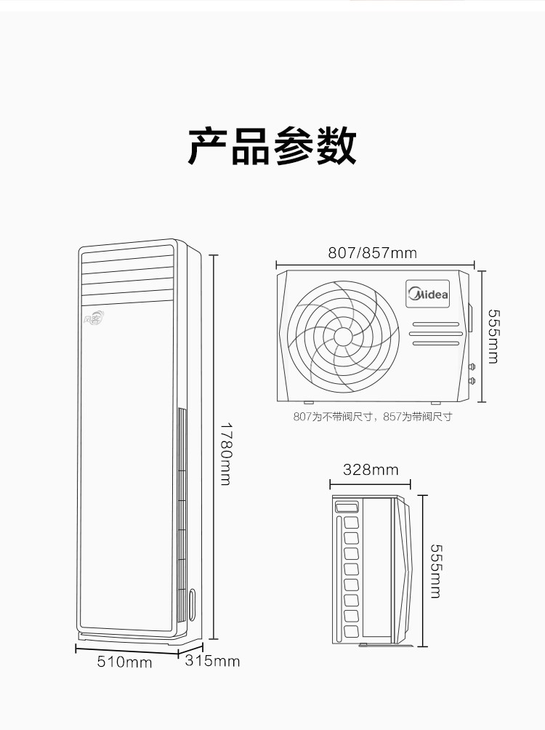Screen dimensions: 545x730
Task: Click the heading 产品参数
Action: (x=272, y=146)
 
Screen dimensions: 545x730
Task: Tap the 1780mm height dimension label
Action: (x=226, y=454)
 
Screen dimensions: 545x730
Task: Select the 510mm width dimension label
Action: (x=124, y=662)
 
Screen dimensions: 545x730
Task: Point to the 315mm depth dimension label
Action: (x=212, y=661)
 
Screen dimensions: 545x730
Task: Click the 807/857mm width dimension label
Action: (x=372, y=253)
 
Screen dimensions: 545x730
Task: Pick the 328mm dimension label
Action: (x=371, y=469)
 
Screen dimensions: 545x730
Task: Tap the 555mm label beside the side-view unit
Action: (x=435, y=571)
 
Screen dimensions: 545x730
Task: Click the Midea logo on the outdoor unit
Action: (x=428, y=294)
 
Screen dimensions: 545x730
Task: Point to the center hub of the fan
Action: (x=343, y=337)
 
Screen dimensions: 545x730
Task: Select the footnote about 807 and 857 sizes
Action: (x=372, y=417)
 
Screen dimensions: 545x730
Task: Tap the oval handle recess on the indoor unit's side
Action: (x=193, y=605)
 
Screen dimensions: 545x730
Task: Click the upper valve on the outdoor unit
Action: (x=472, y=367)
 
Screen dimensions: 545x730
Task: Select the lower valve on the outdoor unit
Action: (x=472, y=381)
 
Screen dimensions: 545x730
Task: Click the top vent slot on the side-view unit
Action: (x=347, y=507)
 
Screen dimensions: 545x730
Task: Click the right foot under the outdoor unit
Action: (x=435, y=403)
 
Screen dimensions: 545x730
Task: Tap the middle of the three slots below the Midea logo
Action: (x=436, y=333)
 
